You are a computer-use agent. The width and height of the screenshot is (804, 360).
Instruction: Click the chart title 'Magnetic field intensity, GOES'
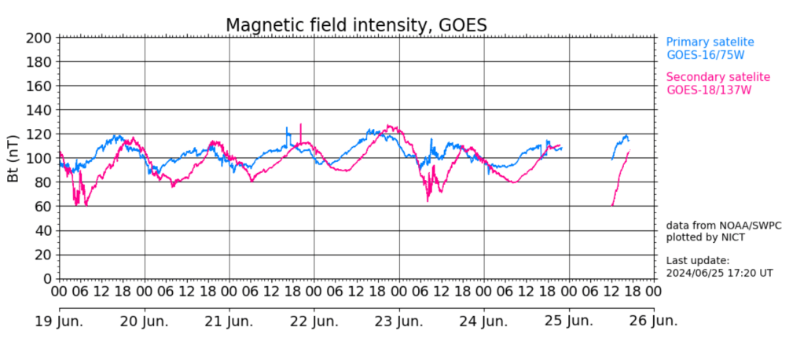coord(356,25)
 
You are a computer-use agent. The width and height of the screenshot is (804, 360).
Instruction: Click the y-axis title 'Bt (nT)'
coord(13,159)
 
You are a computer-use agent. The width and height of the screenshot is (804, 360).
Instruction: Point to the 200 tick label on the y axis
coord(39,38)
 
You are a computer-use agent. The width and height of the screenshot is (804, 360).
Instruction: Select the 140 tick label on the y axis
coord(39,110)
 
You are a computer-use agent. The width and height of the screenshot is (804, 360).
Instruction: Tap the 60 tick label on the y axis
coord(45,207)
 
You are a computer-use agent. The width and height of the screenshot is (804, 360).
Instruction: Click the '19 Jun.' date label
coord(60,322)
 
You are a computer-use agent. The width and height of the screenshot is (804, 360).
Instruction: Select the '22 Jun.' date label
coord(314,322)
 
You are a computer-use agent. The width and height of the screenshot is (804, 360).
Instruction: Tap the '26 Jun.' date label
coord(653,322)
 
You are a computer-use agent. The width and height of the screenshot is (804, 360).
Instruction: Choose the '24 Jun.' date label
coord(483,322)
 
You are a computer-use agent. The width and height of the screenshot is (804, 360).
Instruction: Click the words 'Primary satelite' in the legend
coord(710,42)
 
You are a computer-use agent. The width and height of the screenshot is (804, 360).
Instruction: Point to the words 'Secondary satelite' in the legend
coord(718,77)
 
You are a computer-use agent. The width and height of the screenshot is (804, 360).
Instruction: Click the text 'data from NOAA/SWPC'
coord(724,226)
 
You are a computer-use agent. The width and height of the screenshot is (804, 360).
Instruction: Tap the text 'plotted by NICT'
coord(705,238)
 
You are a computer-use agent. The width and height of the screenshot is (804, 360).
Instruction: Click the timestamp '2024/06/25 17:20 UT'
coord(719,274)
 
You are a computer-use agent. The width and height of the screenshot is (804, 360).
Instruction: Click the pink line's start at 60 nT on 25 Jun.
coord(611,206)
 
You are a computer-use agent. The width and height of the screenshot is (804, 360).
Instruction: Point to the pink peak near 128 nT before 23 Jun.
coord(389,125)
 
